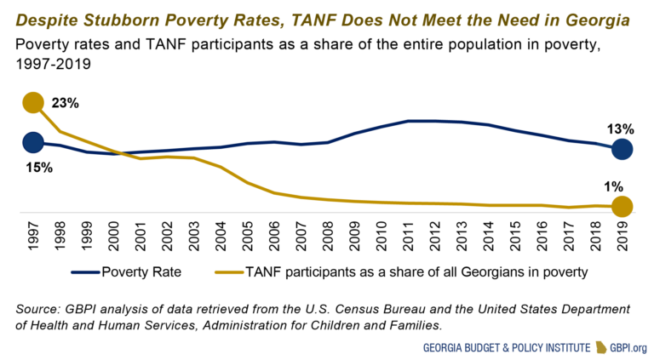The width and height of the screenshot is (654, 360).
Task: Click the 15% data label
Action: [39, 168]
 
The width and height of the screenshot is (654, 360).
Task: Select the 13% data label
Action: [621, 129]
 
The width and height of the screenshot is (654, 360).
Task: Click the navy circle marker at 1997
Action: [32, 142]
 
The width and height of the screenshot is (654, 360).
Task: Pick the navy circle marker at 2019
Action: [622, 149]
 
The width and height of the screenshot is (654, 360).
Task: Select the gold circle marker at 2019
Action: [622, 207]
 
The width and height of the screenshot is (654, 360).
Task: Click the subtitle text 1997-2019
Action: [55, 64]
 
